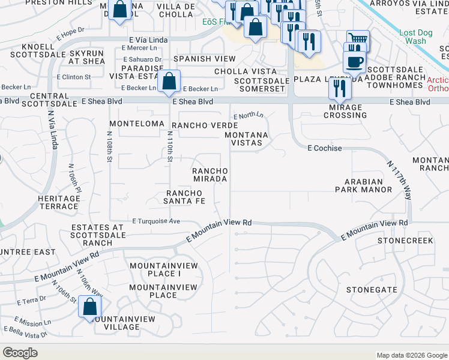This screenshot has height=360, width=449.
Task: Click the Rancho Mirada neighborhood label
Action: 209,175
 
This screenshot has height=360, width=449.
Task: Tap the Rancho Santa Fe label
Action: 186,197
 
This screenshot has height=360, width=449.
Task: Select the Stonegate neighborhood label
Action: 371,290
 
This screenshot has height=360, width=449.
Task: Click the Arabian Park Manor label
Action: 364,185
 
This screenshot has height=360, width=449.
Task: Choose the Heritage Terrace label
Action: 58,202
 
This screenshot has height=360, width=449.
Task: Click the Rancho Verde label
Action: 197,125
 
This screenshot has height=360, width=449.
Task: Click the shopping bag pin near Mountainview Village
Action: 89,307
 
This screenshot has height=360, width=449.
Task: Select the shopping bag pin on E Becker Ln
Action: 170,81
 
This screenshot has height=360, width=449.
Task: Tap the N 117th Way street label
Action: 399,180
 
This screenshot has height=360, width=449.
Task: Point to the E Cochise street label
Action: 325,148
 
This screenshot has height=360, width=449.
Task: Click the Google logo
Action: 20,353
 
